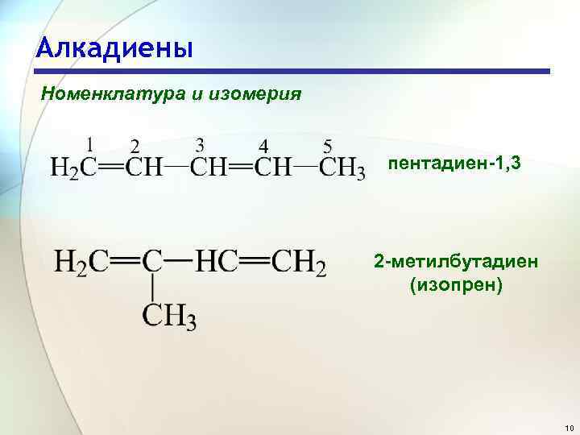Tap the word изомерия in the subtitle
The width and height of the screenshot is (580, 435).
[255, 94]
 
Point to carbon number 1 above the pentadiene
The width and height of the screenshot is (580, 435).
[89, 144]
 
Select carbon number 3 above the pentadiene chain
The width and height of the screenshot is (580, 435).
[200, 144]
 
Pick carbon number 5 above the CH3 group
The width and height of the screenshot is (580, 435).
[327, 146]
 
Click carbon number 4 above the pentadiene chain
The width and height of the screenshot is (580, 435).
[263, 146]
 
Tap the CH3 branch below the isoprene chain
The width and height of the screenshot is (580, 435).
[170, 315]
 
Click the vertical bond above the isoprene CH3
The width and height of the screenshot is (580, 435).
[152, 287]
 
